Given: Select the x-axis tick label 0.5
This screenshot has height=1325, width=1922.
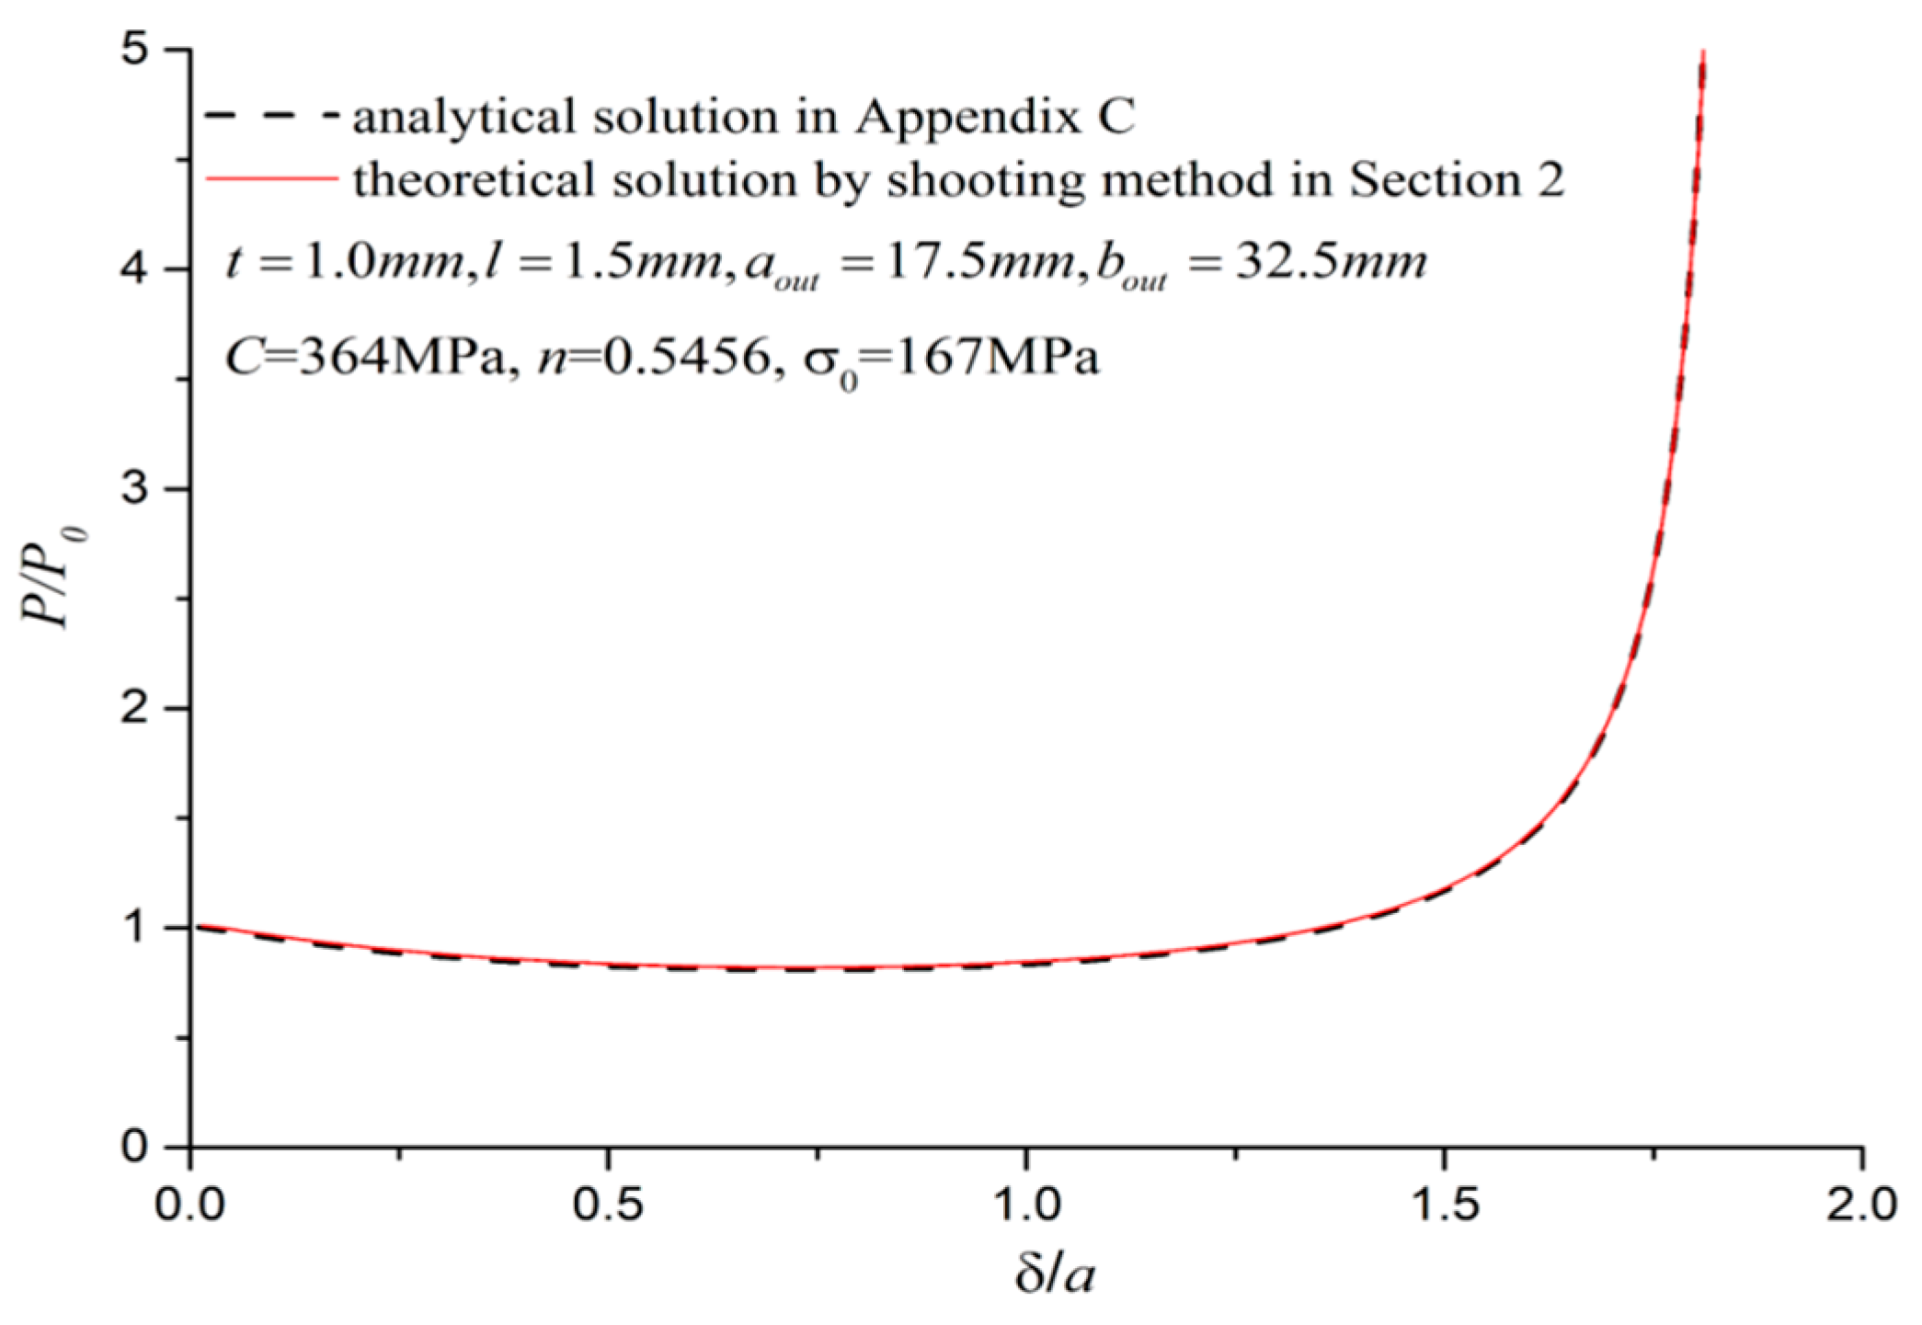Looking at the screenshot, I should pos(607,1204).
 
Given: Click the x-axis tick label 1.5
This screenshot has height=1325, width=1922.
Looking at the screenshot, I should pos(1444,1204).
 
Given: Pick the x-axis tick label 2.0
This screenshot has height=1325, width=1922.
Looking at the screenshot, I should pos(1861,1204).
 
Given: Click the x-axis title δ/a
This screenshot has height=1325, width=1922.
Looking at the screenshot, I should pos(1055,1274).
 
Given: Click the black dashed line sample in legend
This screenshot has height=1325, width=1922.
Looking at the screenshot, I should pos(270,116).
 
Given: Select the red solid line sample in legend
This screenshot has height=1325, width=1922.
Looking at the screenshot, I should pos(270,178).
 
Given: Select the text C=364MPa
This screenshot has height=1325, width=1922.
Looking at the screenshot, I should pos(365,356).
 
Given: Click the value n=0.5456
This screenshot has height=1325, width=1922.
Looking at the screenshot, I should pos(654,356).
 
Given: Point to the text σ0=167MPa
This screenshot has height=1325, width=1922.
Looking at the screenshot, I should pos(951,358).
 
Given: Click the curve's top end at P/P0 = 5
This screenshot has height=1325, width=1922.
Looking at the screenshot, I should pos(1703,53).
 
